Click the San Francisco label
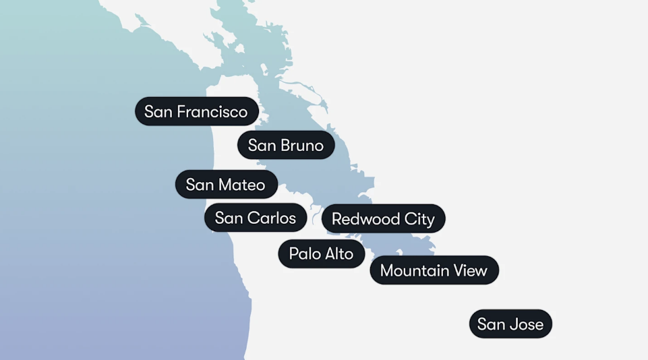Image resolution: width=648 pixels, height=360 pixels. [196, 111]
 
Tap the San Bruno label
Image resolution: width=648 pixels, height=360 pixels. [286, 145]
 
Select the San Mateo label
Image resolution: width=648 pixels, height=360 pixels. [226, 185]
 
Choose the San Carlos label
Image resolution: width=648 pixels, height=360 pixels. [256, 218]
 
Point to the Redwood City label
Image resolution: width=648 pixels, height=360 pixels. [383, 219]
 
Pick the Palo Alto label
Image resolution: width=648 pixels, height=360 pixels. [321, 253]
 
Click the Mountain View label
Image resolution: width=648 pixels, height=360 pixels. [434, 270]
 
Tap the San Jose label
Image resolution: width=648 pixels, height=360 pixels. [510, 324]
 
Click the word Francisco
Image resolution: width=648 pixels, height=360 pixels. [212, 111]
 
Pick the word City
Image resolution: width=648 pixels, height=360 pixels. [419, 219]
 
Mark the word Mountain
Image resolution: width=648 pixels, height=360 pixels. [415, 270]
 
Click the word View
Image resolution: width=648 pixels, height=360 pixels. [471, 270]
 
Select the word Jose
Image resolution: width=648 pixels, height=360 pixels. [527, 324]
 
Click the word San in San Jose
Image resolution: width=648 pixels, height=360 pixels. [492, 324]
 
